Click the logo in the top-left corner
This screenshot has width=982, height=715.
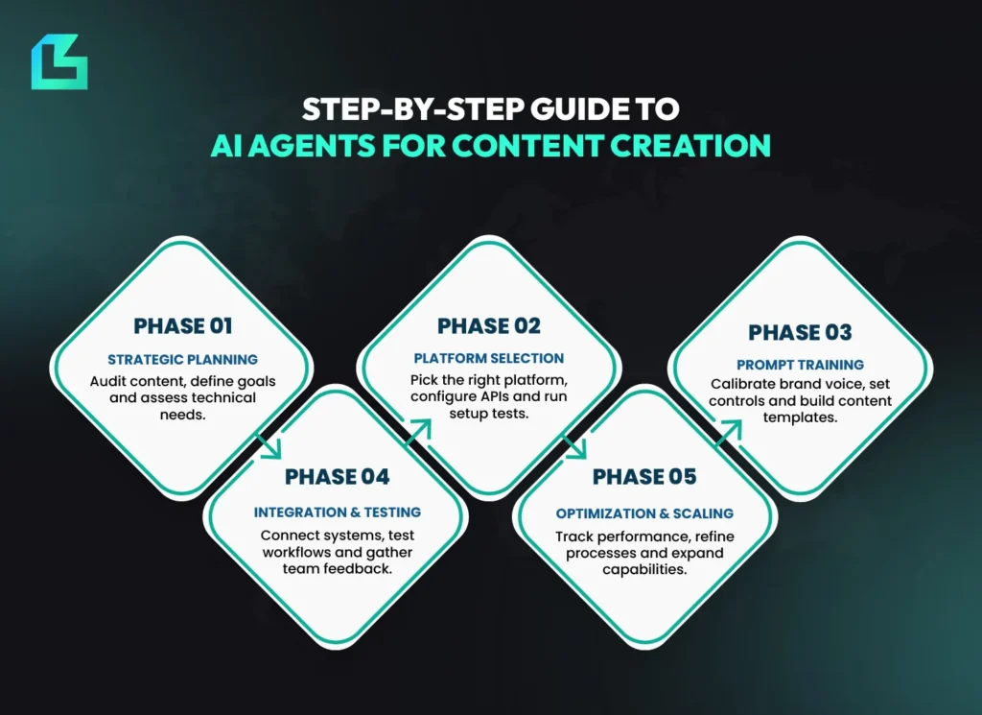58,62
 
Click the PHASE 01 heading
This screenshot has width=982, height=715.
182,326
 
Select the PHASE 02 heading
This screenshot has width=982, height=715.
489,326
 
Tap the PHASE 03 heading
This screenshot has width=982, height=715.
800,333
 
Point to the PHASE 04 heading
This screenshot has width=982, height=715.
337,477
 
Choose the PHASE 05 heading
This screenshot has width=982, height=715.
644,477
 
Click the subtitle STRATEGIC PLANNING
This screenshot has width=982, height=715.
182,360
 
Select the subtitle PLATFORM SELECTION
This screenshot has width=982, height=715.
489,359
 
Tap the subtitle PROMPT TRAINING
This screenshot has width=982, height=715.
800,365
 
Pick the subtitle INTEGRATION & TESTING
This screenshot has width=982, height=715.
337,512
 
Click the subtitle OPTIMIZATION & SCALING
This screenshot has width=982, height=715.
644,513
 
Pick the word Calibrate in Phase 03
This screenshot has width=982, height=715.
741,384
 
